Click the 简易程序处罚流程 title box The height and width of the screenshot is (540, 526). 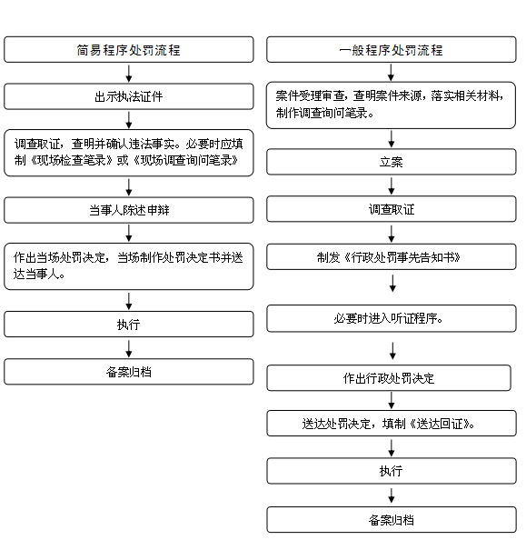point(129,50)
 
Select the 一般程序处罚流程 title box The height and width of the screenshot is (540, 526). point(392,50)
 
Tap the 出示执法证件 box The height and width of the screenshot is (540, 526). point(129,96)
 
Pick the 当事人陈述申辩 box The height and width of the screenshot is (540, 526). point(129,210)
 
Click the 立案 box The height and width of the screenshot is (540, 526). point(392,162)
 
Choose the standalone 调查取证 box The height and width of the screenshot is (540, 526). point(392,209)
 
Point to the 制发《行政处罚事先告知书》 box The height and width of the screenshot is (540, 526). point(392,257)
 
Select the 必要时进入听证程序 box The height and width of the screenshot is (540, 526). point(392,318)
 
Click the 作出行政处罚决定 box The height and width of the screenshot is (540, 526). point(389,378)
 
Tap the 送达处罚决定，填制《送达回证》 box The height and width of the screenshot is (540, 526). point(392,424)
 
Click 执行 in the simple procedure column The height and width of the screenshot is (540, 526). point(129,325)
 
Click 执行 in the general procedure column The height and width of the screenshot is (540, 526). point(392,471)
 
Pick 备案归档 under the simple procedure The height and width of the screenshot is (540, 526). point(129,372)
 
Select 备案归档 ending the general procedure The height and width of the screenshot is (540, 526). point(392,520)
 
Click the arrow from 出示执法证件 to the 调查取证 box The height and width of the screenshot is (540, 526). point(129,120)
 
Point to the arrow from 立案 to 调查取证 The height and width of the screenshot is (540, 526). point(392,186)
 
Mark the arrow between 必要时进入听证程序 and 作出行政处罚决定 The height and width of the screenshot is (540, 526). point(392,351)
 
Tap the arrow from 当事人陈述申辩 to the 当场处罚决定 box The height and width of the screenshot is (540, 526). point(129,233)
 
